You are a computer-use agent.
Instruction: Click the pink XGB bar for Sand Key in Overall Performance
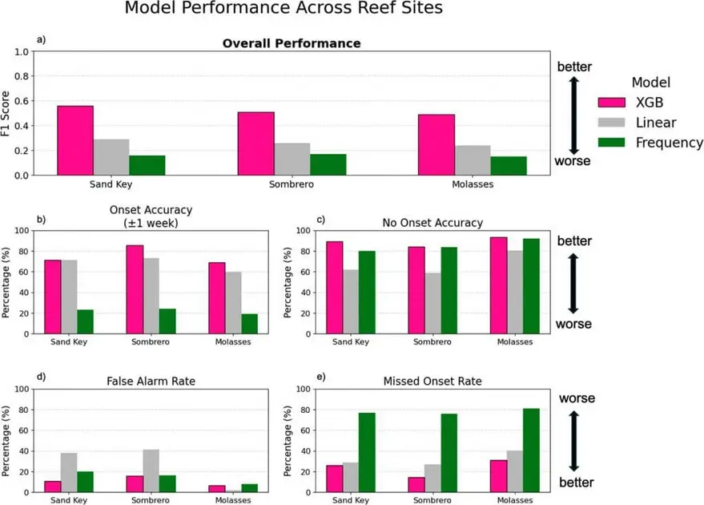(x=75, y=140)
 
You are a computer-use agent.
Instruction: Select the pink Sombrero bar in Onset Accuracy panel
(x=135, y=289)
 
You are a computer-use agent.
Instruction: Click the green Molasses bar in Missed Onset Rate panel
(x=529, y=450)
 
